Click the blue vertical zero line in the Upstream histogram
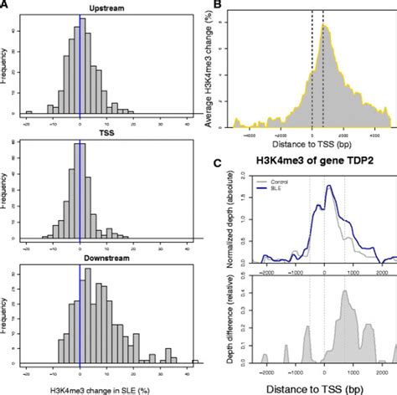click(80, 67)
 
